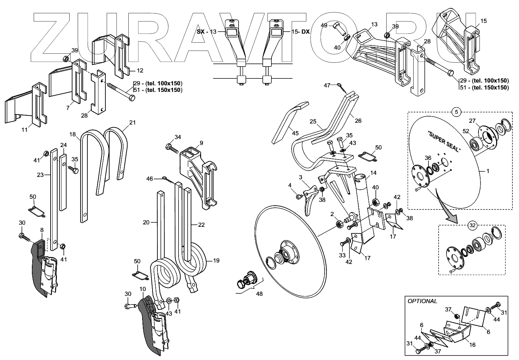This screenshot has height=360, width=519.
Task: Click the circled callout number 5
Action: click(x=457, y=112)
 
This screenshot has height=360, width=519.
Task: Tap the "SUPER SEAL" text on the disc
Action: click(x=444, y=142)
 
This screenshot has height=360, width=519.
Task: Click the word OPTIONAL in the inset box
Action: click(x=422, y=301)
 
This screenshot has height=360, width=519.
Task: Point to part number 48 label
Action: click(x=259, y=294)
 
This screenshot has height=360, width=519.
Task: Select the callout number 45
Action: click(x=295, y=133)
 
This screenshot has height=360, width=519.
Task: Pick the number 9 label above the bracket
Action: click(x=201, y=143)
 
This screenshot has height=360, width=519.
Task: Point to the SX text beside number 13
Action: click(x=200, y=32)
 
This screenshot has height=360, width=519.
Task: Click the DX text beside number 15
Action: click(x=305, y=32)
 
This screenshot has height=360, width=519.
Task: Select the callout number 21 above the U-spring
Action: click(x=132, y=122)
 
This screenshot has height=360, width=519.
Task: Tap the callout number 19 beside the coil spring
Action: click(x=216, y=260)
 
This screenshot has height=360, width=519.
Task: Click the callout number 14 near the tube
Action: click(x=373, y=173)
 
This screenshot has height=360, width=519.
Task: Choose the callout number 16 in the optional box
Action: click(x=472, y=345)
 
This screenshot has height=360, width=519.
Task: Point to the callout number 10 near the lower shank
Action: click(x=142, y=289)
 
